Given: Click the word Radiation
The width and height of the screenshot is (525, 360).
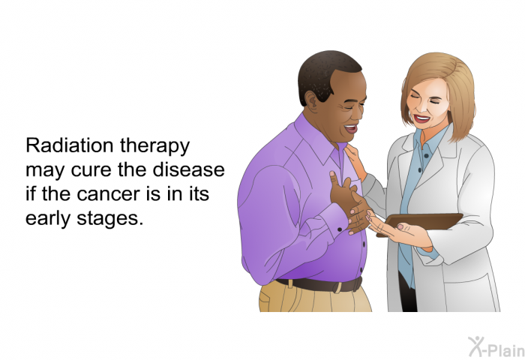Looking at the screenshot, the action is coord(70,145).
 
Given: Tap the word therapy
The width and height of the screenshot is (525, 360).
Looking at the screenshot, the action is coord(154,147).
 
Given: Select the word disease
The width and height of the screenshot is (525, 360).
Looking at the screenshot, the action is coord(188,169).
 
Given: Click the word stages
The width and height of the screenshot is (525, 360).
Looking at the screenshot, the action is coord(109,220).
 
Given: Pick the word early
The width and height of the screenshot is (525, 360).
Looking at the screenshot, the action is coord(48,219).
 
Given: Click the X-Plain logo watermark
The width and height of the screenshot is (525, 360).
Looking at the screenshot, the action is coord(496,346).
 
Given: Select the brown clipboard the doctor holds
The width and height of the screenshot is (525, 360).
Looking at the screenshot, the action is coord(420,223).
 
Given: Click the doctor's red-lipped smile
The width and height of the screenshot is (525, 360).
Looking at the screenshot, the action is coord(421,118).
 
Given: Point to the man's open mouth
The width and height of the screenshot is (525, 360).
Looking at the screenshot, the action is coord(351,128).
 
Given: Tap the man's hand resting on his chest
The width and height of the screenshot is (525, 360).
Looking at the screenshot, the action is coord(343,193).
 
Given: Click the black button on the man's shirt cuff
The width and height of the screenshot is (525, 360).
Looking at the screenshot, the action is coord(339,229).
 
